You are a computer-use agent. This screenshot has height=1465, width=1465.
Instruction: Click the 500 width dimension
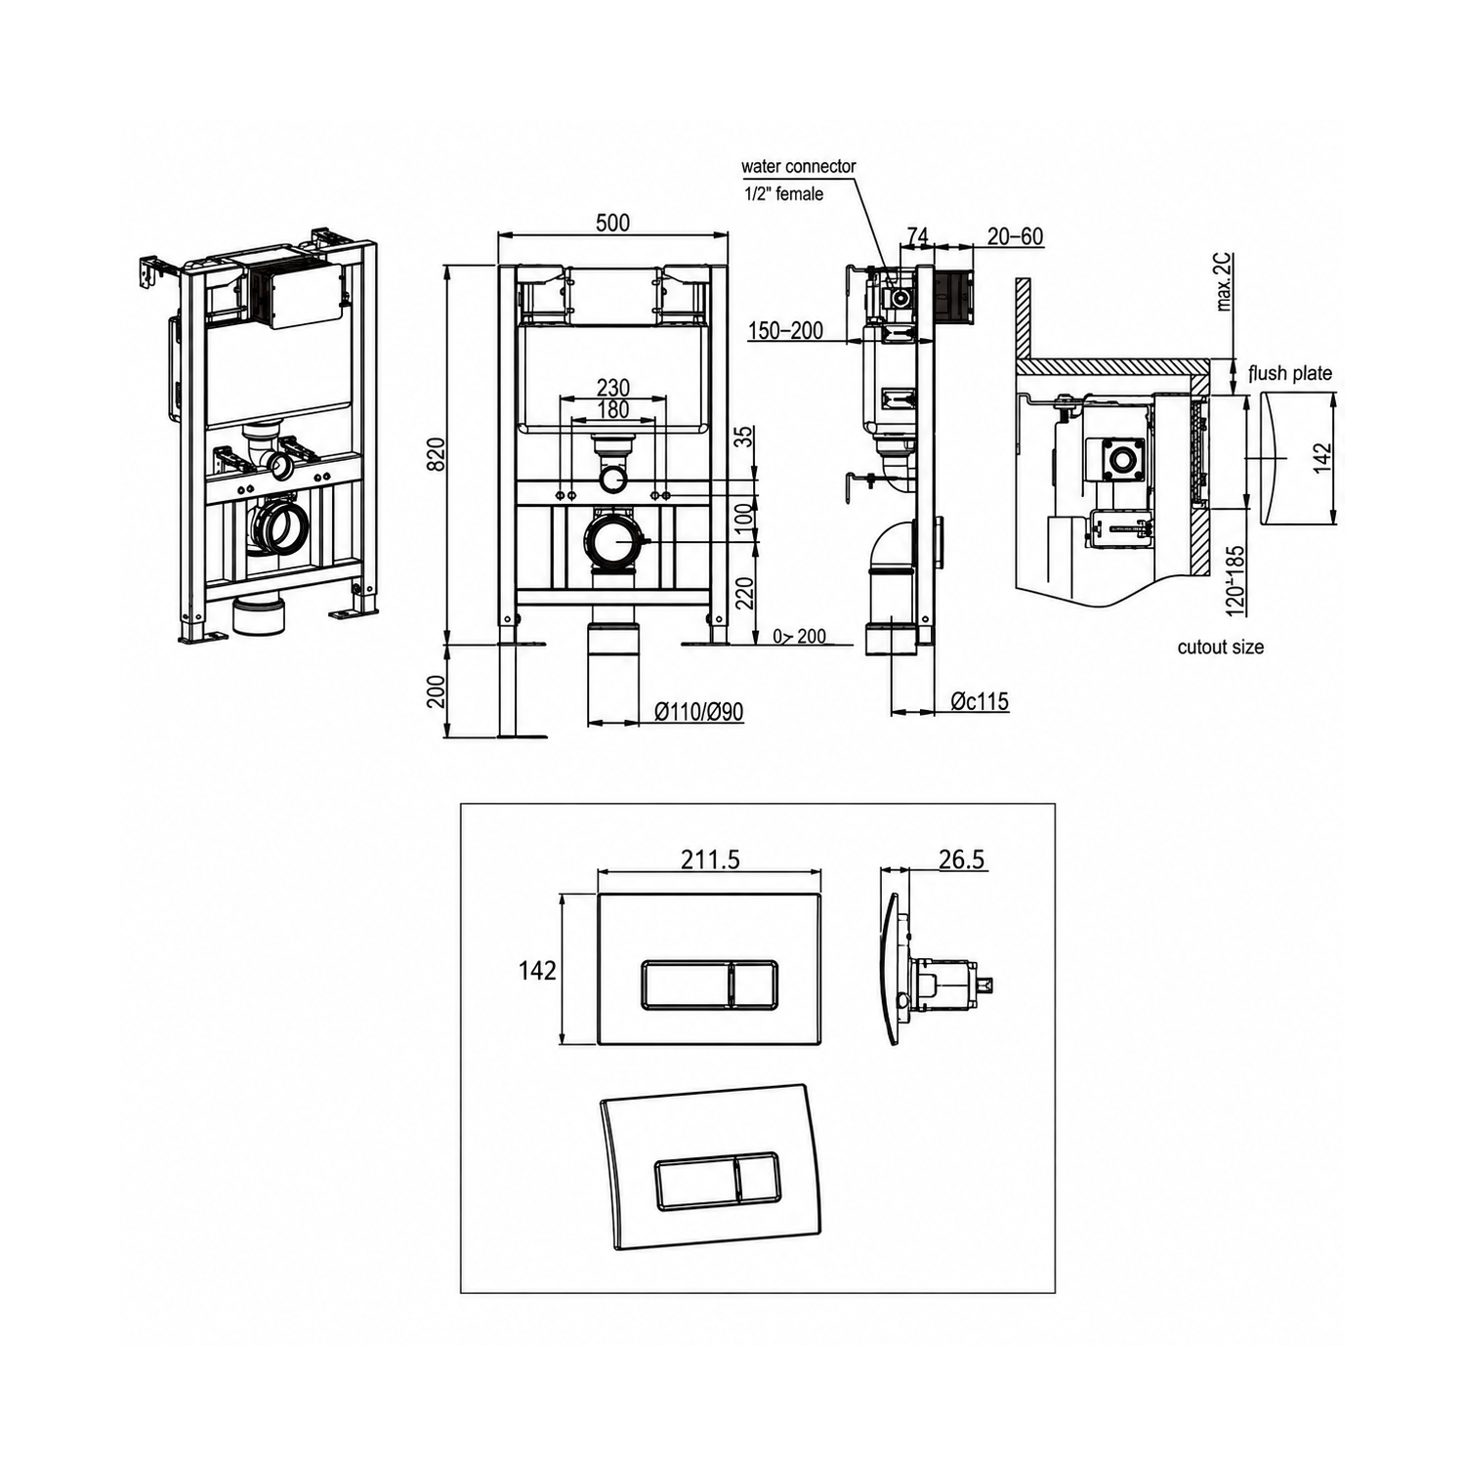(612, 223)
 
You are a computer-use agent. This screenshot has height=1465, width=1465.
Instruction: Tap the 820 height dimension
(437, 454)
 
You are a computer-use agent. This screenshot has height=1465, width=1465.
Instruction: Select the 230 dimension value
(612, 388)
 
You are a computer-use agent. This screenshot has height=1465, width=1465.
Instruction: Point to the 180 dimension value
(612, 409)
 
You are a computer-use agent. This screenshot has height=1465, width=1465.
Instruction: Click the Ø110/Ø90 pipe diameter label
(699, 712)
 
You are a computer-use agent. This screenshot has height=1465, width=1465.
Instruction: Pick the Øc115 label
(980, 701)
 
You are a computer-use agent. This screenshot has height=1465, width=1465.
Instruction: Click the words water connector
(798, 166)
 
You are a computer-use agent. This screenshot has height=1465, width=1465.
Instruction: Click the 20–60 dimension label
(1015, 236)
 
